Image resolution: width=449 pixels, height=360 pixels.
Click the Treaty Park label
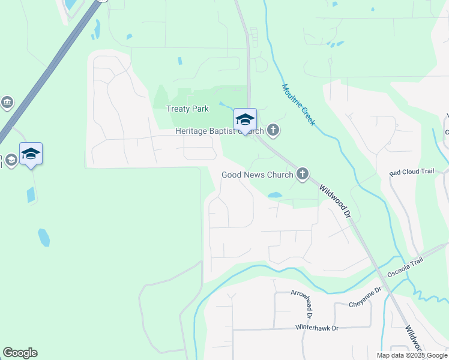[x=187, y=109]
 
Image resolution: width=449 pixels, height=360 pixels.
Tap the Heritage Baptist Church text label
[x=219, y=131]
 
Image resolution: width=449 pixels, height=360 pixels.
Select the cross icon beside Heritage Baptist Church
[x=273, y=130]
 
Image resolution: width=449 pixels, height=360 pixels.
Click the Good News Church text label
[x=257, y=175]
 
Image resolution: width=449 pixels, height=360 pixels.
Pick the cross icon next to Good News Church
[x=302, y=175]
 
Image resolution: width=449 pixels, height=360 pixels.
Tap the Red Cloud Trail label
[x=411, y=172]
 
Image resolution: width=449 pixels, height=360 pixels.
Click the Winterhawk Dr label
[x=317, y=328]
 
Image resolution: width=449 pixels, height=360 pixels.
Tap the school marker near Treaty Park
[x=245, y=119]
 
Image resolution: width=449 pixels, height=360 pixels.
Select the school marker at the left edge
[x=31, y=154]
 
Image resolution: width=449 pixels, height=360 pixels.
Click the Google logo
[x=20, y=353]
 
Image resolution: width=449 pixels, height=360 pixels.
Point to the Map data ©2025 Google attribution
[x=411, y=355]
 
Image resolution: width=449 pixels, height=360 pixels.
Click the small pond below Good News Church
[x=274, y=195]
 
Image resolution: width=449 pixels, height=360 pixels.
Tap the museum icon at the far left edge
[x=7, y=103]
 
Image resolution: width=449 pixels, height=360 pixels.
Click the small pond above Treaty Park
[x=179, y=61]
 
